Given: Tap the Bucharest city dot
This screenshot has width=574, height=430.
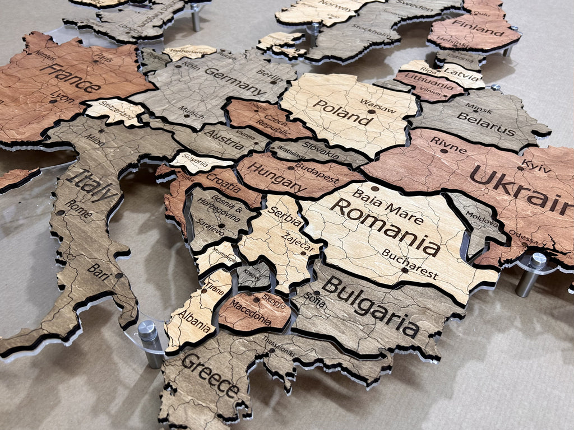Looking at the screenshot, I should (x=405, y=270).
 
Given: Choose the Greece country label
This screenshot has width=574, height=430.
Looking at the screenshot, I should (x=210, y=374).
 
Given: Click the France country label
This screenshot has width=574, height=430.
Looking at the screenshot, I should (x=70, y=77).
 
